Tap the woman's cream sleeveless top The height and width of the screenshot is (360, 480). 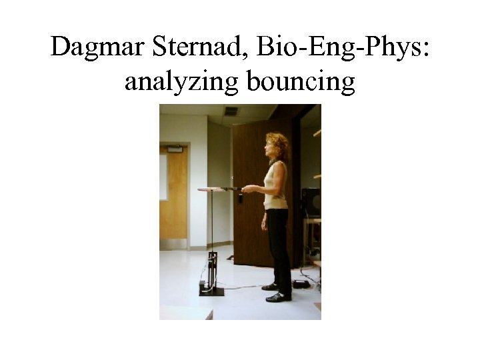tap(275, 187)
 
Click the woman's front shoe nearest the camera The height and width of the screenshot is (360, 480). tap(278, 297)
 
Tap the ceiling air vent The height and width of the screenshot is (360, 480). tap(231, 111)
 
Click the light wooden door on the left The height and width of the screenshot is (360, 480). tap(174, 200)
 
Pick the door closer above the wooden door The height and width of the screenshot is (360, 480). tap(175, 148)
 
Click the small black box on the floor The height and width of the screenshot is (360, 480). tap(301, 284)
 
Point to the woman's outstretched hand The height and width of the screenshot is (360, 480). tap(247, 189)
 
